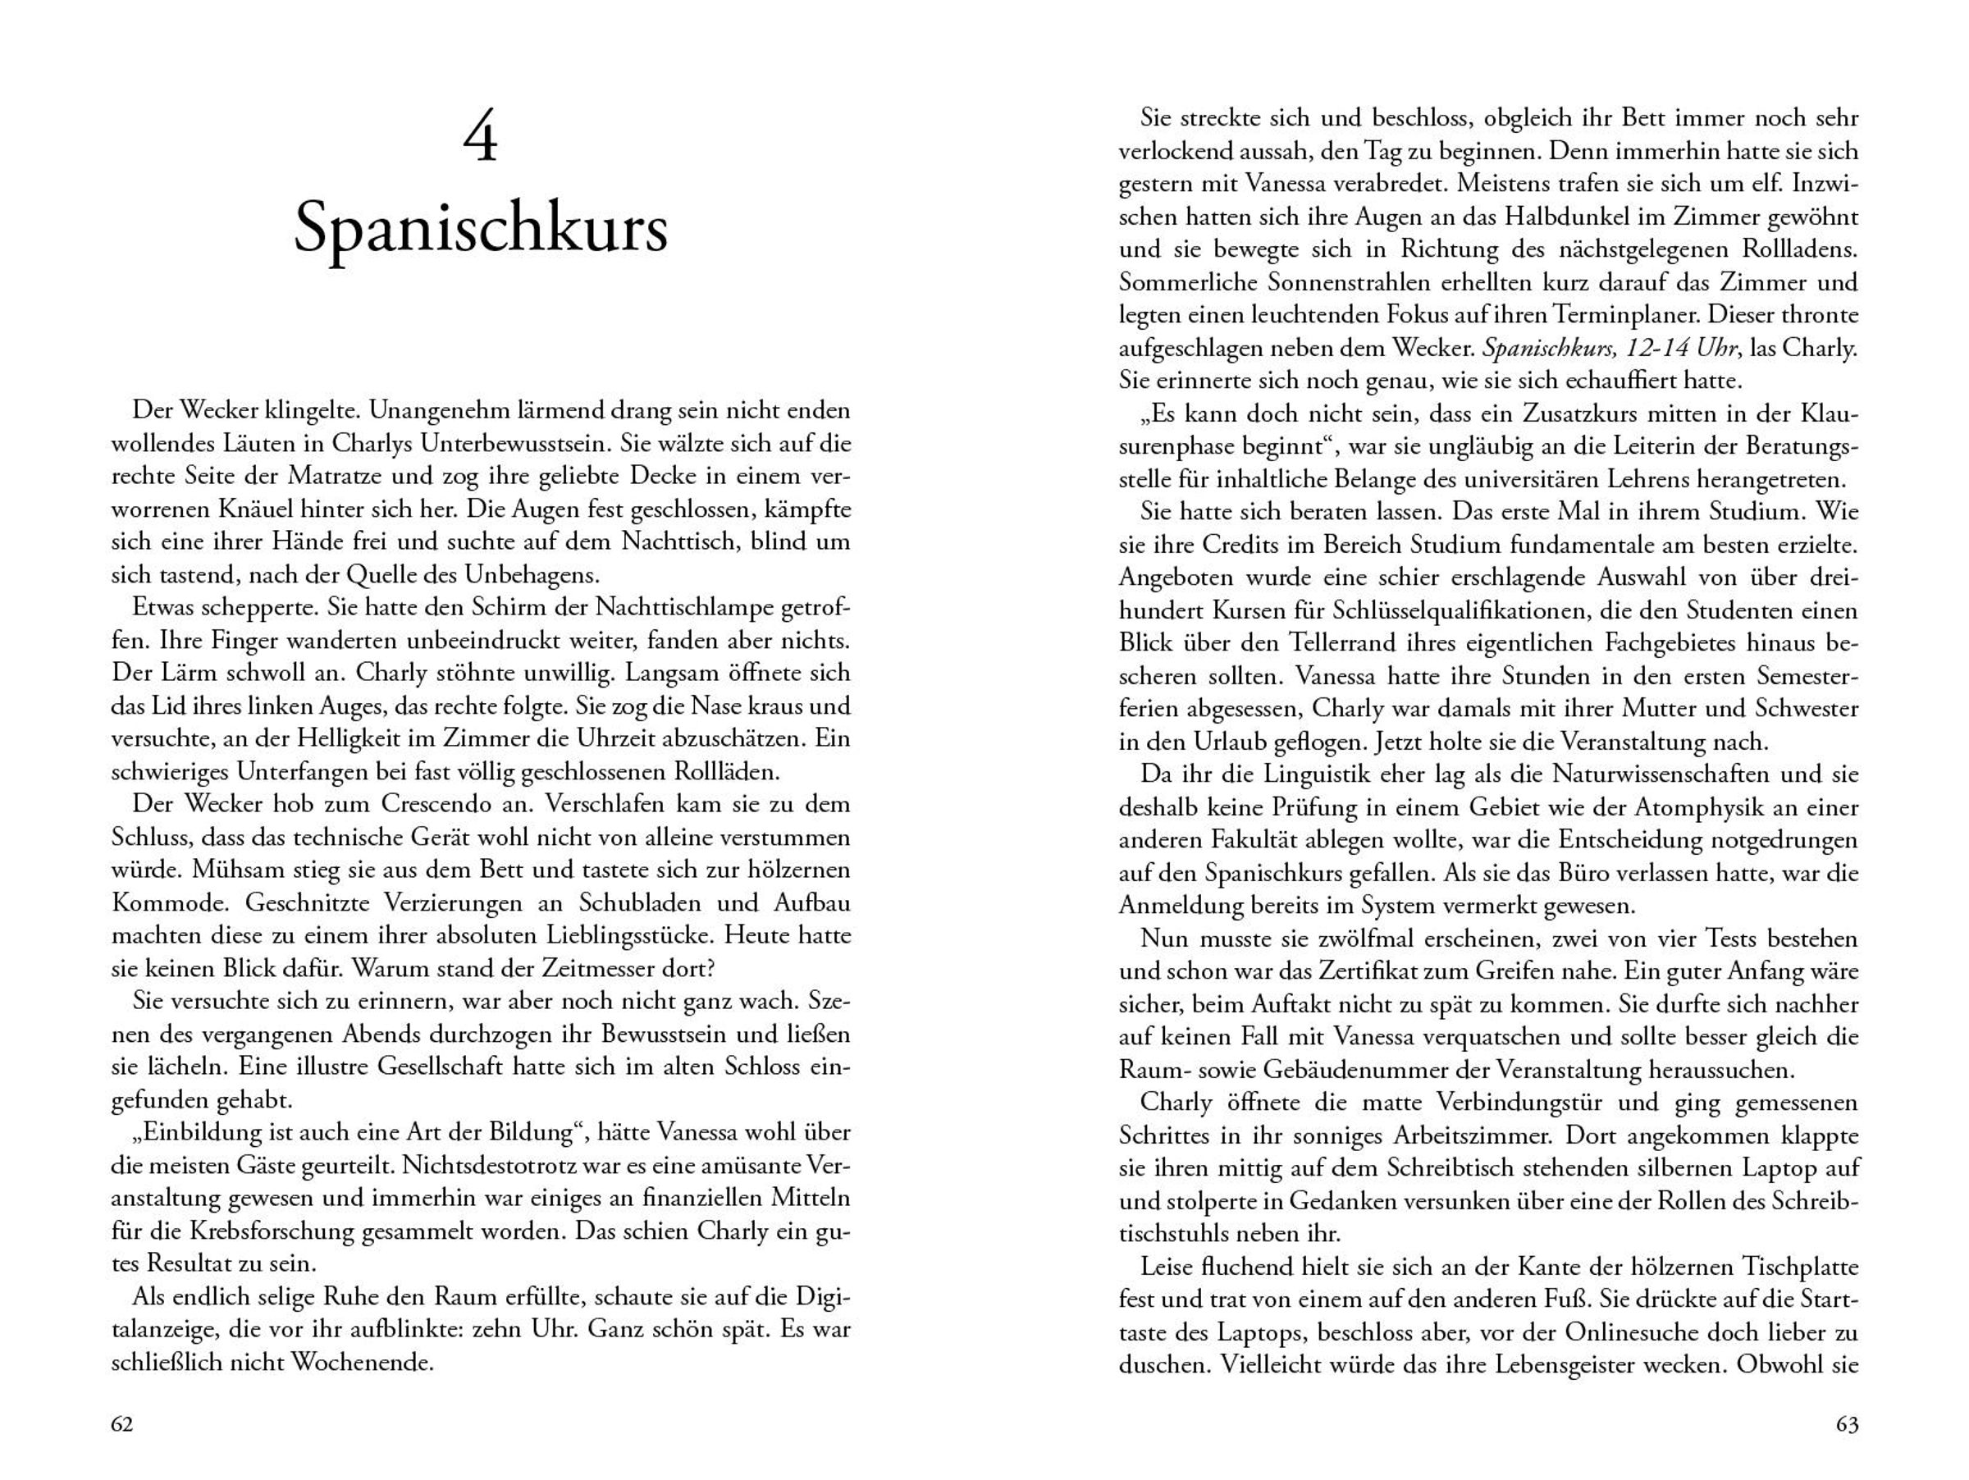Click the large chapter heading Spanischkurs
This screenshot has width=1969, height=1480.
481,229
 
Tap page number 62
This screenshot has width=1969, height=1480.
122,1424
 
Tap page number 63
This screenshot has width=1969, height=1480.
1847,1424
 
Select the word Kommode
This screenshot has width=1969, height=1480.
167,902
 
